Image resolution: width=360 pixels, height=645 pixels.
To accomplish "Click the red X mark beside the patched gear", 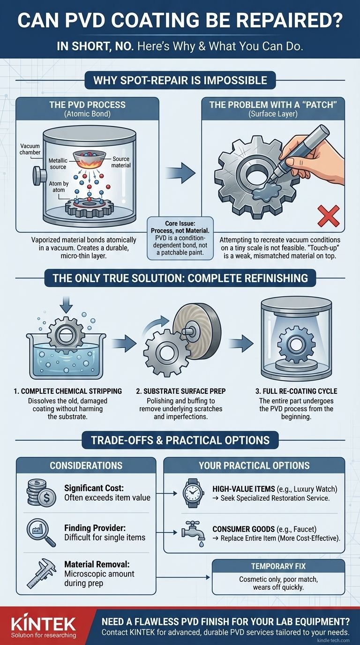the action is point(328,216).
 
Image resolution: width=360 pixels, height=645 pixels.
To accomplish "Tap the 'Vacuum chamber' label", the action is point(30,149).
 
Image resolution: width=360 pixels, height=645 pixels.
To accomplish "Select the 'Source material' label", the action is point(121,162).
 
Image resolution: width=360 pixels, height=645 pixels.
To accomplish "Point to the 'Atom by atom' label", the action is point(59,187).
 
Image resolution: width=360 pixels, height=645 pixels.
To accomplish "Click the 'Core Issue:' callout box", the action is point(180,238).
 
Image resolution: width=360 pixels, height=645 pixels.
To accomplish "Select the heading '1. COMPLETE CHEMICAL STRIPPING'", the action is point(67,391).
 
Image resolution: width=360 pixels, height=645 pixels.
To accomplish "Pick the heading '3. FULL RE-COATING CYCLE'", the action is point(296,391).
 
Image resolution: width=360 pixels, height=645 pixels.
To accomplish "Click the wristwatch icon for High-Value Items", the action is point(191,493).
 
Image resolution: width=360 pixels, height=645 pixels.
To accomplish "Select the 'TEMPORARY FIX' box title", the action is point(278,566).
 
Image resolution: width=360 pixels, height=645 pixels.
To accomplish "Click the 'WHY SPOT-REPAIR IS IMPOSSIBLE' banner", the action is point(180,80).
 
